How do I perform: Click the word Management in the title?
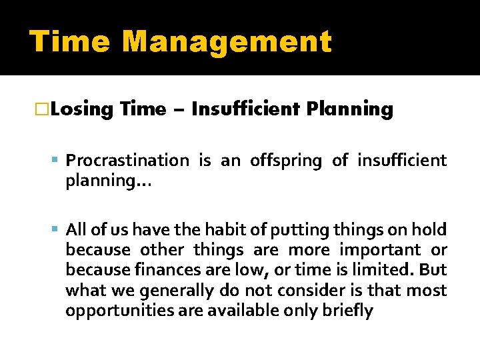click(x=227, y=41)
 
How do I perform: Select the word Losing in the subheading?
click(x=83, y=109)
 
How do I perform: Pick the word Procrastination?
click(x=127, y=161)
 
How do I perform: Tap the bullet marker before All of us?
click(x=57, y=230)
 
